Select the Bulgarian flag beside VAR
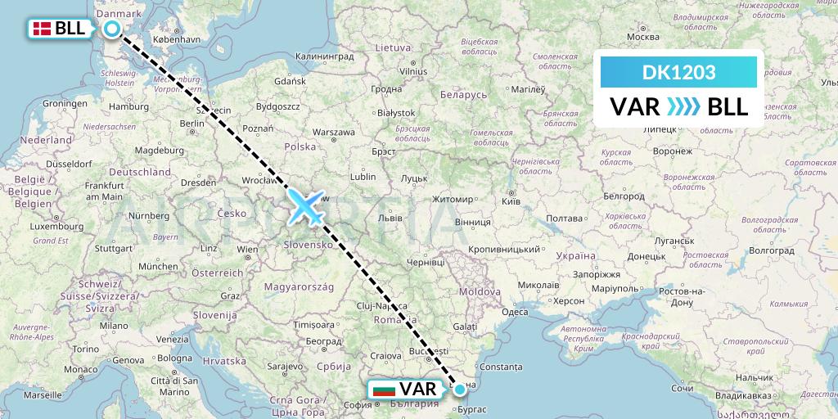point(384,390)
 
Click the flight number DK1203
point(679,73)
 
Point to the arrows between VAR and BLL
point(681,106)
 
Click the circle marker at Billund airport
point(112,29)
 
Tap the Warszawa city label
point(333,132)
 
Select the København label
point(176,38)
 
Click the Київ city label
point(510,200)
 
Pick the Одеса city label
point(515,312)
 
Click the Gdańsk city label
point(291,82)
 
